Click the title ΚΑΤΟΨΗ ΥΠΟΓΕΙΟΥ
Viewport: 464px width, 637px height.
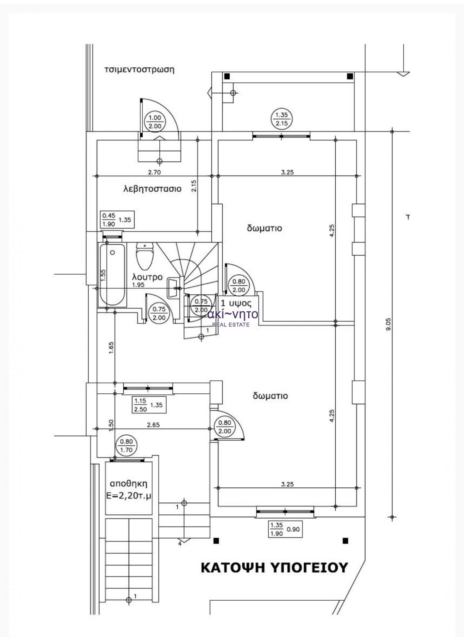tap(274, 567)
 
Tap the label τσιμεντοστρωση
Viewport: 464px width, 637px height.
tap(139, 70)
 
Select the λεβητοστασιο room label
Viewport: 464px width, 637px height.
tap(152, 189)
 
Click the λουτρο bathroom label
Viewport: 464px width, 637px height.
tap(147, 277)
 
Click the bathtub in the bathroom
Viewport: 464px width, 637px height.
tap(112, 275)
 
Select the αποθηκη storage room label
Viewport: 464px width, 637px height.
tap(129, 483)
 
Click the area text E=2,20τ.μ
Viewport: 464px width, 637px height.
tap(129, 496)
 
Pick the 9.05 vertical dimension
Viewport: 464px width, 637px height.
tap(389, 324)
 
